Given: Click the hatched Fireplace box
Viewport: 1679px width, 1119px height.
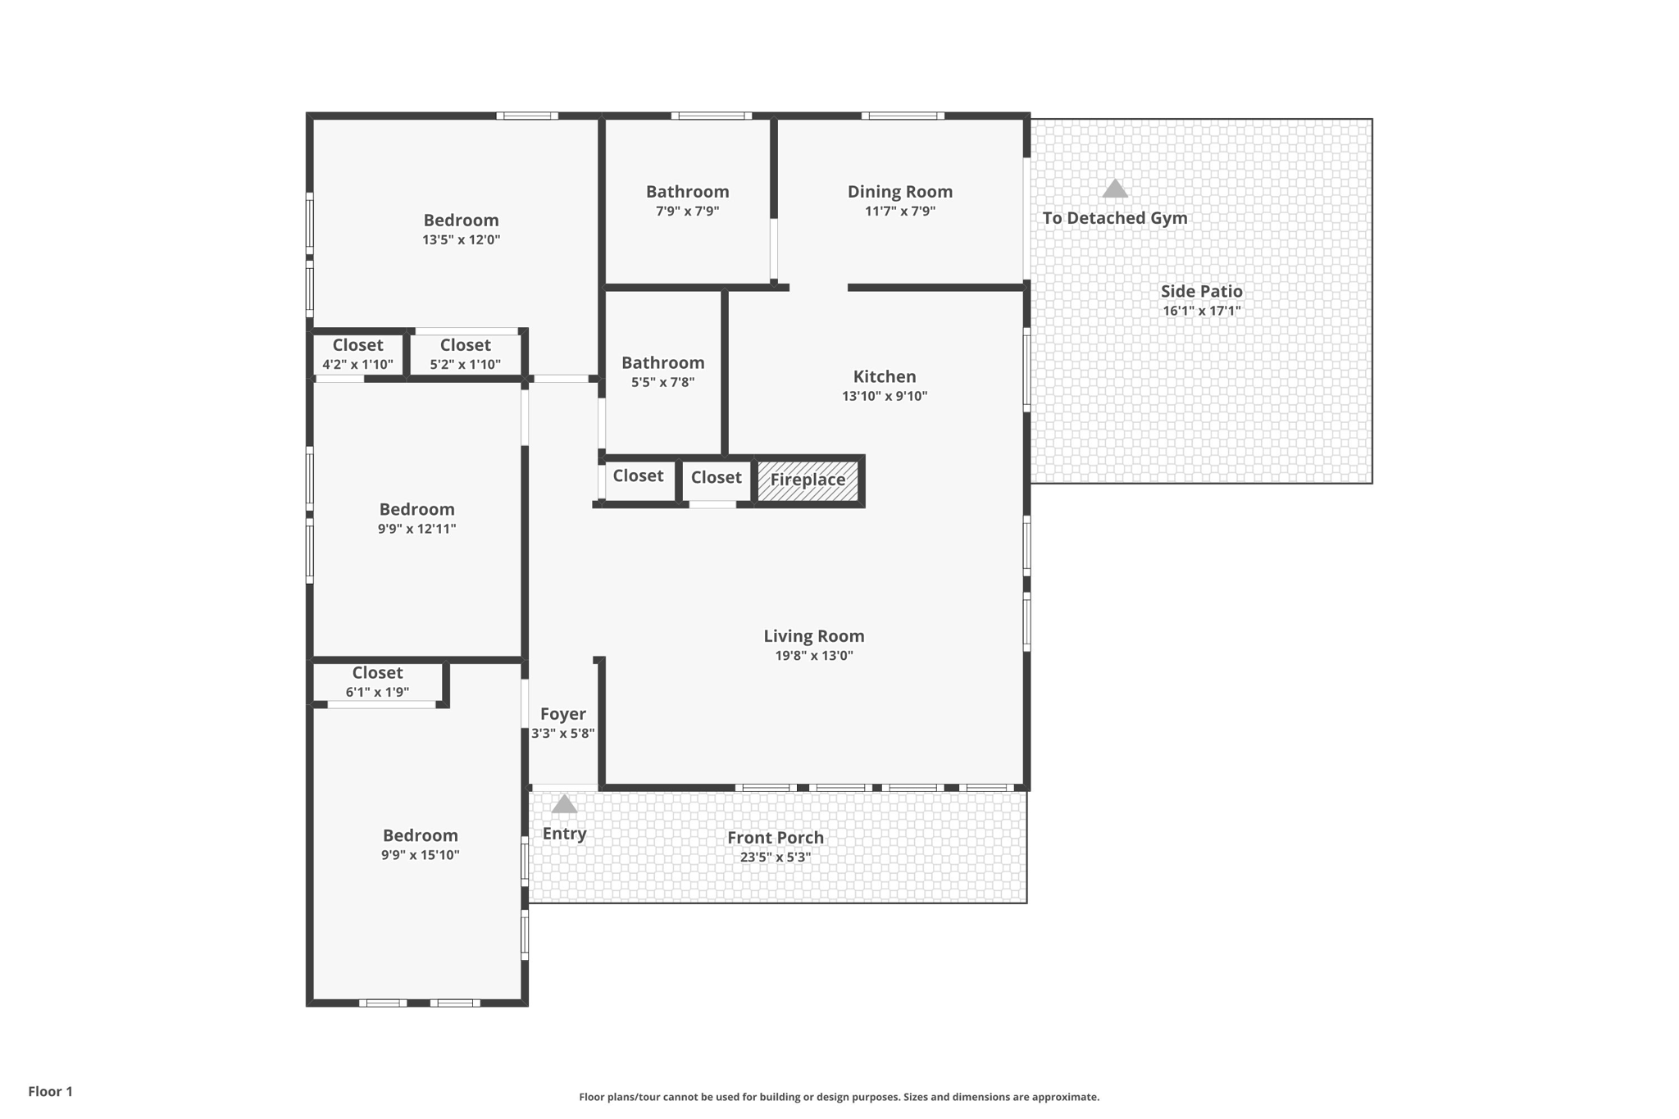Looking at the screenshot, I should pos(808,480).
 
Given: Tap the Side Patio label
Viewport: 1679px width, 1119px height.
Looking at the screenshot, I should pos(1201,291).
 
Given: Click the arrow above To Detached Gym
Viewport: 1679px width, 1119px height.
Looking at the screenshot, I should pos(1114,189).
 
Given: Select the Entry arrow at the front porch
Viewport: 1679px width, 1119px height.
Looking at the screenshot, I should pos(564,804).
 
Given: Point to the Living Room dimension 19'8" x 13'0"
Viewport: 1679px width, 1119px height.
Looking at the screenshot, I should pos(813,656).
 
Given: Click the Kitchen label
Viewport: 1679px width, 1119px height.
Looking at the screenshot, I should pos(884,377).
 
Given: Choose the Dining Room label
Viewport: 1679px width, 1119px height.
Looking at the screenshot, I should pos(899,192).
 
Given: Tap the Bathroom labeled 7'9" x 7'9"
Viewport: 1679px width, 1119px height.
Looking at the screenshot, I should pos(687,192).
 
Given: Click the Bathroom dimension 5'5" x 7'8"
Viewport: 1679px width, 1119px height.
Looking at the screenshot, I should pos(662,382).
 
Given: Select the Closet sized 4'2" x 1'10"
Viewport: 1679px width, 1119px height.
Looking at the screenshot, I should pos(357,354).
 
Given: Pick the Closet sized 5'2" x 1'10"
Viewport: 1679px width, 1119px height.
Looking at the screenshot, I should pos(465,354).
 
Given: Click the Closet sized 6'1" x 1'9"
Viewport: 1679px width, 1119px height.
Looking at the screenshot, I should pos(377,681).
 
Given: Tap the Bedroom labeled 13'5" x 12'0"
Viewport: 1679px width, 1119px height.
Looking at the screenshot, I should pos(461,221).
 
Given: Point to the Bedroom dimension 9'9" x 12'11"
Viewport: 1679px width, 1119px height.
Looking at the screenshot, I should pos(416,529).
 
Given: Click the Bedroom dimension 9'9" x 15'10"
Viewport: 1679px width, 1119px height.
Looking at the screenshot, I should pos(420,855).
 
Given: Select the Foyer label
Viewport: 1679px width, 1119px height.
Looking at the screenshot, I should pos(562,714).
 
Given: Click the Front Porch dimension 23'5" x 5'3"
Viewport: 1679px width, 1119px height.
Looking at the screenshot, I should pos(775,857).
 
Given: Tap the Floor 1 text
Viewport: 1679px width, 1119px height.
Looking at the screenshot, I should pos(50,1091).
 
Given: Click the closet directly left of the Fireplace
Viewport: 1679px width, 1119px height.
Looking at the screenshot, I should pos(716,478).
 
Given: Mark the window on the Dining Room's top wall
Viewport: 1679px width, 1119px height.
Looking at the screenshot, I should pos(902,116).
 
